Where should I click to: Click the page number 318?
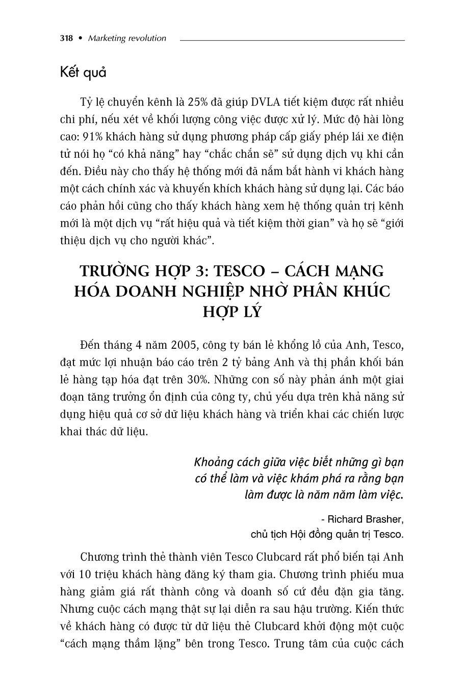pyautogui.click(x=66, y=38)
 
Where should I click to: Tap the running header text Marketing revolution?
pyautogui.click(x=127, y=38)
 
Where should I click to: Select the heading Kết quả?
pyautogui.click(x=83, y=73)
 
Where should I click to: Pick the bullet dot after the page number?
pyautogui.click(x=80, y=38)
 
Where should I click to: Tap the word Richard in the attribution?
pyautogui.click(x=340, y=519)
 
